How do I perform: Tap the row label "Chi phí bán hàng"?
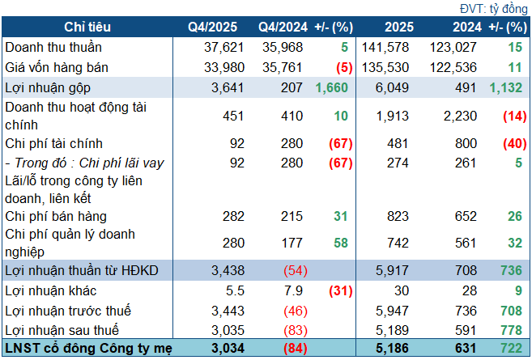[56, 216]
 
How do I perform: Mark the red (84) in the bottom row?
[292, 349]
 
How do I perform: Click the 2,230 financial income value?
[459, 116]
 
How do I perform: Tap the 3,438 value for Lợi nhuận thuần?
[224, 270]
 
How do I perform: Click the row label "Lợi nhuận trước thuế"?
[67, 310]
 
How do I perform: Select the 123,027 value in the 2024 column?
[455, 48]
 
